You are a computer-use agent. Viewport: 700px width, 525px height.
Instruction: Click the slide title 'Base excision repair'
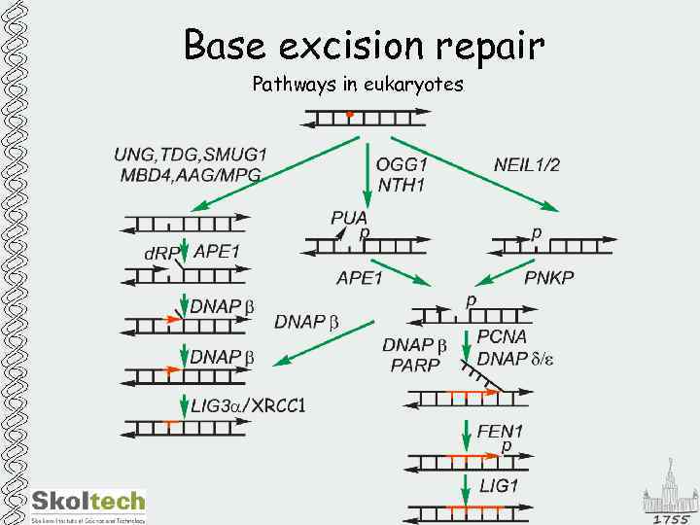364,46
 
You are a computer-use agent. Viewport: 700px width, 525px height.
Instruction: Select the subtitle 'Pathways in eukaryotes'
358,85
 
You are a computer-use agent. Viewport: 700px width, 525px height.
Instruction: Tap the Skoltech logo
87,504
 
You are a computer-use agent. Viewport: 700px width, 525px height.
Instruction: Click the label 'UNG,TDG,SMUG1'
191,155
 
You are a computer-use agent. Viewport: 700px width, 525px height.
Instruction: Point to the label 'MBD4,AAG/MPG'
191,175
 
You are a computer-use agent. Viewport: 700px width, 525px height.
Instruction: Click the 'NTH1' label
402,184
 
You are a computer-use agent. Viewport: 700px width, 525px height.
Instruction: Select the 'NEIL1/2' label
527,164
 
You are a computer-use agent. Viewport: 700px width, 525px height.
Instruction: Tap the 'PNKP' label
549,278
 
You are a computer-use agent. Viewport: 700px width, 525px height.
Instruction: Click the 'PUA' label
349,218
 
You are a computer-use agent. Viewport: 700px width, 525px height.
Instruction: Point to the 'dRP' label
162,254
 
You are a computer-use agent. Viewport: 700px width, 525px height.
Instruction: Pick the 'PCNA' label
502,336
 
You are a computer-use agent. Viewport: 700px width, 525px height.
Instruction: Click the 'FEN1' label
501,430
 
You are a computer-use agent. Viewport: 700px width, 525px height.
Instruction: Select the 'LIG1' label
499,484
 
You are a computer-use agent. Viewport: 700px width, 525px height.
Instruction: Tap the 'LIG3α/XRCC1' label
248,404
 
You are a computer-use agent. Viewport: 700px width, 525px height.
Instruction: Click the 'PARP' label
415,366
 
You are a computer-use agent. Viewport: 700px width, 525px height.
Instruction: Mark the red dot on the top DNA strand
349,115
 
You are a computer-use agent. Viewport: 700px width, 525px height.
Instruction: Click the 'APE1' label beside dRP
217,251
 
